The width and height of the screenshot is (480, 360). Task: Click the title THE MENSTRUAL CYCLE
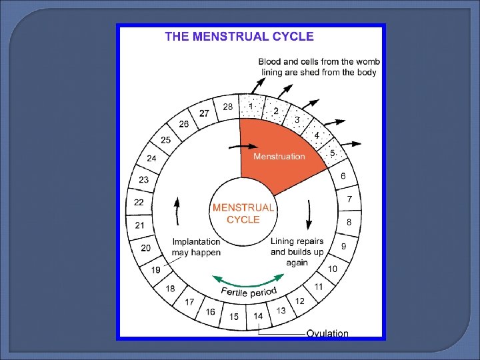(239, 37)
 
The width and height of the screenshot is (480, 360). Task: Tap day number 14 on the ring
(258, 315)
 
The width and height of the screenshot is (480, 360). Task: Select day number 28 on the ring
(227, 107)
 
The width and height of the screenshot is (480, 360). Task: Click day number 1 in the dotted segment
(251, 105)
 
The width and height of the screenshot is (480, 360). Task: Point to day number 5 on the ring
(333, 153)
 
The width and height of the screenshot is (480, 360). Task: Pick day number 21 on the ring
(139, 225)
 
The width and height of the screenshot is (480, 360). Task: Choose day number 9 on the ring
(344, 246)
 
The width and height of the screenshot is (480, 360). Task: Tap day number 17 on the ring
(189, 302)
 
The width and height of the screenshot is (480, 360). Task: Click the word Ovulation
(327, 333)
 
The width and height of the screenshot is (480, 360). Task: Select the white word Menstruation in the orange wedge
(279, 157)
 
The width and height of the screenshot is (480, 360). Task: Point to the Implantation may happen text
(196, 247)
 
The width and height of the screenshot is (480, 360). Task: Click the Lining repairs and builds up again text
(297, 251)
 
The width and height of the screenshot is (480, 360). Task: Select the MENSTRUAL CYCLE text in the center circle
(243, 213)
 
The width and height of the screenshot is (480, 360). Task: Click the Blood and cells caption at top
(317, 67)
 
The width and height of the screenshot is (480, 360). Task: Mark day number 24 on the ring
(151, 159)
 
